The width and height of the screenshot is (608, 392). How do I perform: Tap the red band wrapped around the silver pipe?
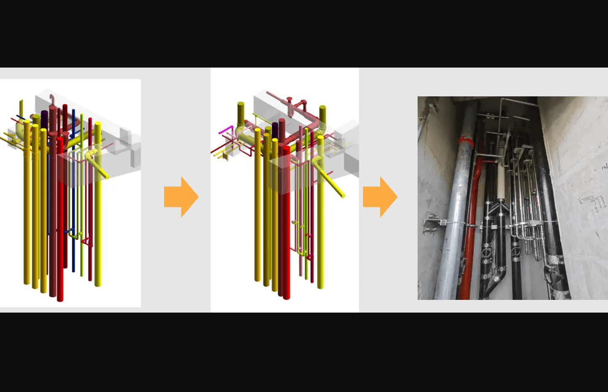tap(465, 141)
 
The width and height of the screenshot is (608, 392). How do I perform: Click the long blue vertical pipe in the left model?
tap(73, 190)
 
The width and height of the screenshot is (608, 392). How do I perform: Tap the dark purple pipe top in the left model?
tap(44, 114)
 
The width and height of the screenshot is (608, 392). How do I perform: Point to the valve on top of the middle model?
tap(290, 100)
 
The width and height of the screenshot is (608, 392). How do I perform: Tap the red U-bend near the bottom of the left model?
tap(87, 242)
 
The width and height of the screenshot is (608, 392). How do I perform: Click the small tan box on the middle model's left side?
tap(225, 157)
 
